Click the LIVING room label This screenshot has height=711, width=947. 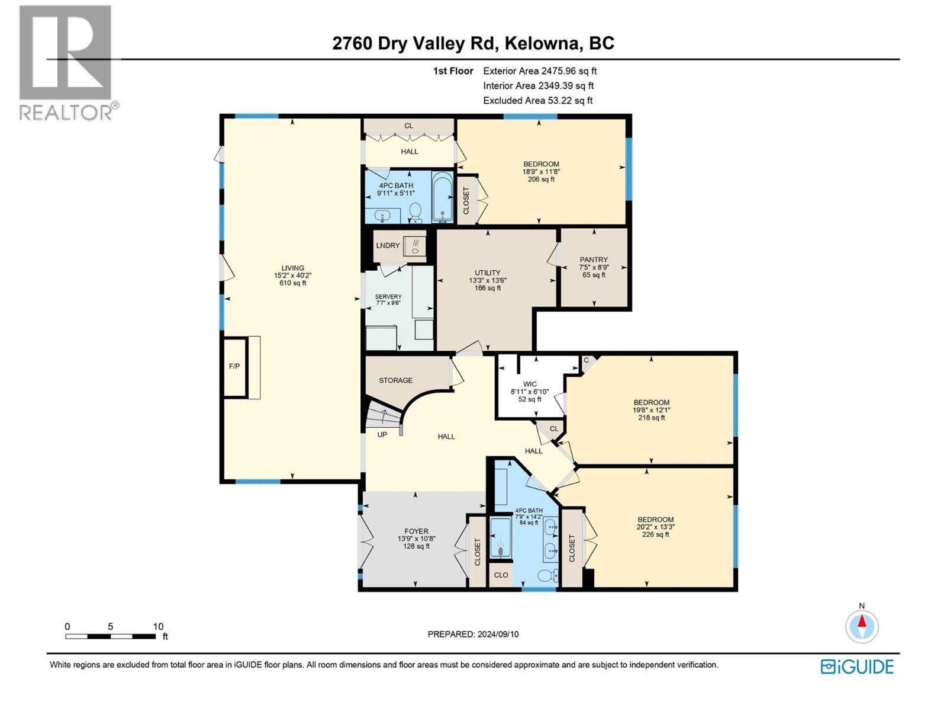click(292, 268)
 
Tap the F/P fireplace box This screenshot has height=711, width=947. click(234, 366)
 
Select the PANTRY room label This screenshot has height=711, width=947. click(594, 260)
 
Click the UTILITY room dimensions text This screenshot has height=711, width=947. click(488, 281)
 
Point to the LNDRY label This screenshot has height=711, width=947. click(388, 245)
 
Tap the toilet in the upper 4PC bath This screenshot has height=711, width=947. click(415, 211)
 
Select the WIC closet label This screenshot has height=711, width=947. click(530, 384)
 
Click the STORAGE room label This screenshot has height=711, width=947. click(395, 380)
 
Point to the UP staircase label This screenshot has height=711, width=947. click(382, 434)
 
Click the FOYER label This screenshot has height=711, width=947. click(416, 531)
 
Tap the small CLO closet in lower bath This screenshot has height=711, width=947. click(501, 575)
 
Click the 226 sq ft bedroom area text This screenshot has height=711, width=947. click(656, 534)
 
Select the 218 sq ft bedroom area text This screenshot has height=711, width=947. click(651, 418)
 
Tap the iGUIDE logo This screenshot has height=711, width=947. click(857, 667)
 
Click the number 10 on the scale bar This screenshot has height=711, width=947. click(158, 626)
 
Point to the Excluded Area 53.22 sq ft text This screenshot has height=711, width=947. click(537, 101)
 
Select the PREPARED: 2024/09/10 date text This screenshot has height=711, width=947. click(473, 634)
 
